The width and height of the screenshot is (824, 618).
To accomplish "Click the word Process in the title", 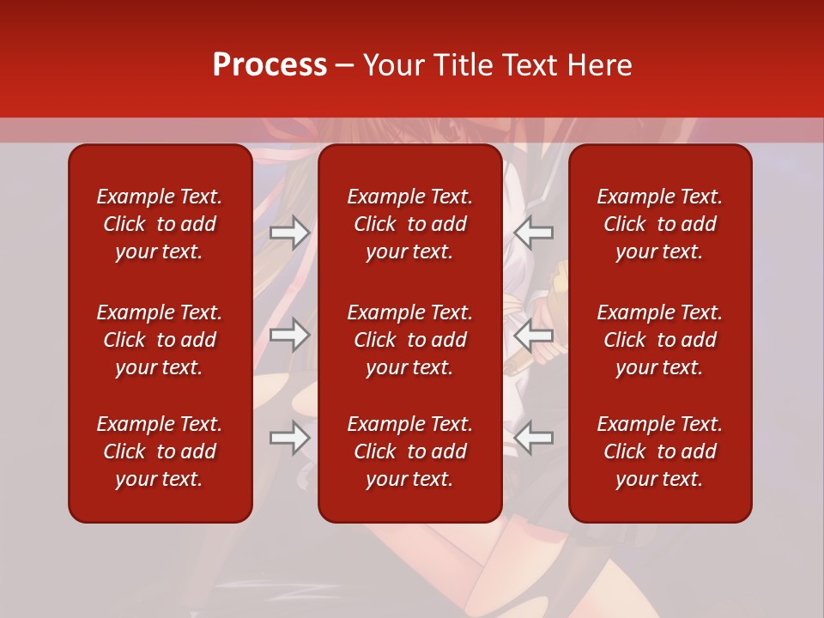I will (x=270, y=65).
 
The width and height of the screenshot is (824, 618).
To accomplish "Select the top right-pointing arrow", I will (x=290, y=233).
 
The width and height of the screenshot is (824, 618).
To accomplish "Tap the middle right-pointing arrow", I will (x=290, y=335).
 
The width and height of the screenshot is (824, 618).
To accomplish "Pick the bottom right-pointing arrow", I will (x=290, y=438).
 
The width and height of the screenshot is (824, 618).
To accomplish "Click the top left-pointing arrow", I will (x=534, y=233).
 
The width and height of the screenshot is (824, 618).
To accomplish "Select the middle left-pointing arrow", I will (x=534, y=335).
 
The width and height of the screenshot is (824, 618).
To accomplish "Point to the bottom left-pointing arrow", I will (x=534, y=438).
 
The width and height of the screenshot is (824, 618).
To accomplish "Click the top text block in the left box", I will (x=160, y=224).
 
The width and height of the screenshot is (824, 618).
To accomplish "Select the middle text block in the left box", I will (x=160, y=340).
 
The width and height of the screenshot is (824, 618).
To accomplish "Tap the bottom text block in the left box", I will (x=160, y=451).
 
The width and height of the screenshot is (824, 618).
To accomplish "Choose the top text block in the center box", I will (x=409, y=224).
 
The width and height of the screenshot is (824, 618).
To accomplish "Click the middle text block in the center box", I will (x=409, y=340).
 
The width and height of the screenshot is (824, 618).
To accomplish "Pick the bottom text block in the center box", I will (x=409, y=451).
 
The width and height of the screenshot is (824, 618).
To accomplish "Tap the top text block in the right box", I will (x=659, y=224).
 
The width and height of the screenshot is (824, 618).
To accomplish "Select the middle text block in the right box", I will (x=659, y=340).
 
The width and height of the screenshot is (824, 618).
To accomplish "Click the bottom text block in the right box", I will (x=659, y=451).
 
